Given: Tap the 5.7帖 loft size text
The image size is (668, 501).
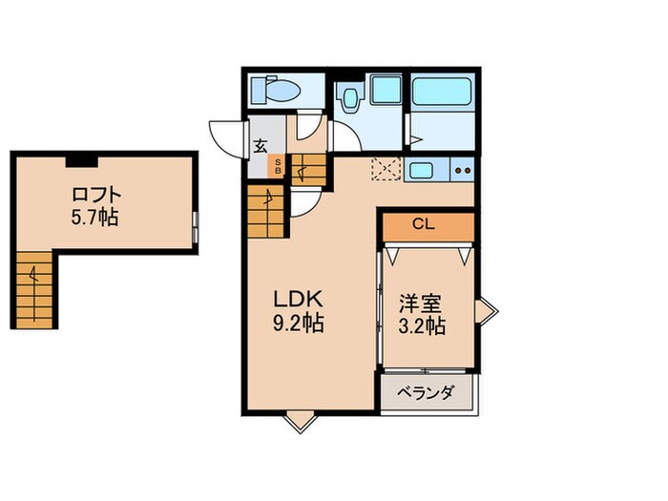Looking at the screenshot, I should tap(94, 218).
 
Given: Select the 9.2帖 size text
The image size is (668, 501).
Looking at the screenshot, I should tap(299, 324).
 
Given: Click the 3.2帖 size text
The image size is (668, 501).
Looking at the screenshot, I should tap(421, 326).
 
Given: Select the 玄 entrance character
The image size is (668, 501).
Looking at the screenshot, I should tap(261, 147).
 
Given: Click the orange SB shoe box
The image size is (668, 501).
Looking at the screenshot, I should tap(278, 166).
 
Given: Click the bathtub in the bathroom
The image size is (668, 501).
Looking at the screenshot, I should tap(443, 93).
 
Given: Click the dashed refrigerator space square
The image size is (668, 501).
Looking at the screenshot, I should tap(386, 169).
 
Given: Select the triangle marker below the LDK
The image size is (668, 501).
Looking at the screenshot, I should tap(299, 419).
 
